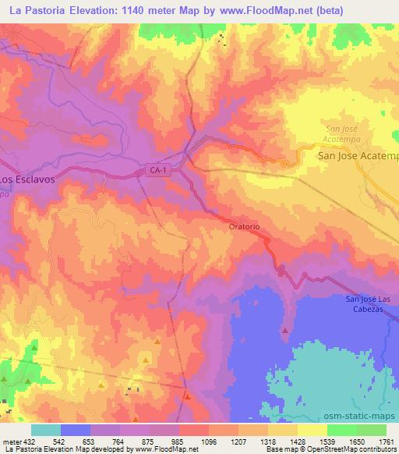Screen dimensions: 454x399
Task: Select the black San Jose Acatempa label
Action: click(358, 156)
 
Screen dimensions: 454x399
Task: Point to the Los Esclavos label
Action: click(26, 178)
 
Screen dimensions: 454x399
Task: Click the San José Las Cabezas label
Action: click(371, 304)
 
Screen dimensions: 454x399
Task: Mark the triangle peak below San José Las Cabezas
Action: click(284, 330)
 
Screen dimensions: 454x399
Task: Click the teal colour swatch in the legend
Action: click(45, 430)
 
